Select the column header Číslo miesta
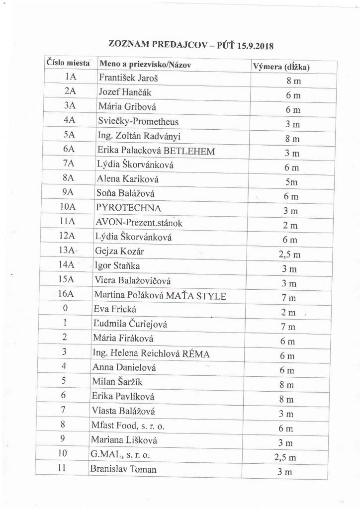tap(68, 63)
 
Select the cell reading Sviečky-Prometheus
tap(138, 121)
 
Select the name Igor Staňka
tap(117, 266)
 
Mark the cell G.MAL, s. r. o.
tap(120, 454)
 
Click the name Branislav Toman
tap(123, 469)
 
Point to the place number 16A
tap(66, 294)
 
